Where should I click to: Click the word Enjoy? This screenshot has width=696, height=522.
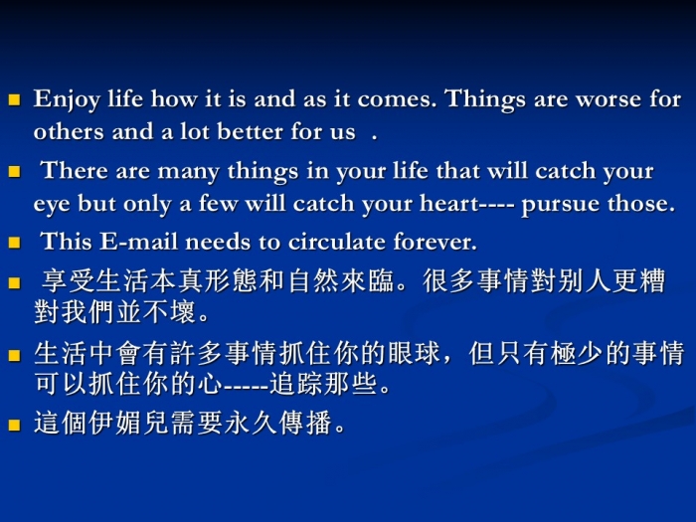click(67, 99)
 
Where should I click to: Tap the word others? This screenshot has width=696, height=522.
click(69, 131)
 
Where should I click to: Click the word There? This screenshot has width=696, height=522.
click(75, 170)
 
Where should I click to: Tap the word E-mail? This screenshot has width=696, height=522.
click(138, 242)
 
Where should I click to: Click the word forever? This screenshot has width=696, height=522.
click(435, 242)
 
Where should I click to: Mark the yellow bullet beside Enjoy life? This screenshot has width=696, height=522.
click(15, 99)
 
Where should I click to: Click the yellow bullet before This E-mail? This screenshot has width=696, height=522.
click(15, 243)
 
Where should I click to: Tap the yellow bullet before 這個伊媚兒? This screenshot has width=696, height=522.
click(15, 426)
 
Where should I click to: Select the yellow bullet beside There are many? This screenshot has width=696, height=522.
click(15, 171)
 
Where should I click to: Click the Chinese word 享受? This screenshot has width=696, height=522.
click(69, 281)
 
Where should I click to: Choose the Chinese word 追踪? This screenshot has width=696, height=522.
click(296, 384)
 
